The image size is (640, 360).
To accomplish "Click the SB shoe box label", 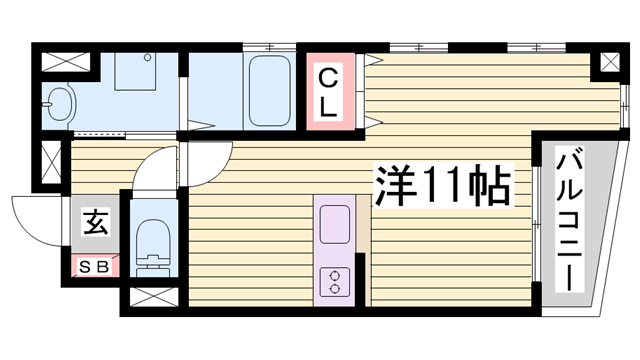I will [94, 268].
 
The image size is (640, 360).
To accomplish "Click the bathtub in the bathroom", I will [265, 90].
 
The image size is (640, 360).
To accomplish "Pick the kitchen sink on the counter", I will [333, 219].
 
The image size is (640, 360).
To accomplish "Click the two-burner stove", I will [333, 280].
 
